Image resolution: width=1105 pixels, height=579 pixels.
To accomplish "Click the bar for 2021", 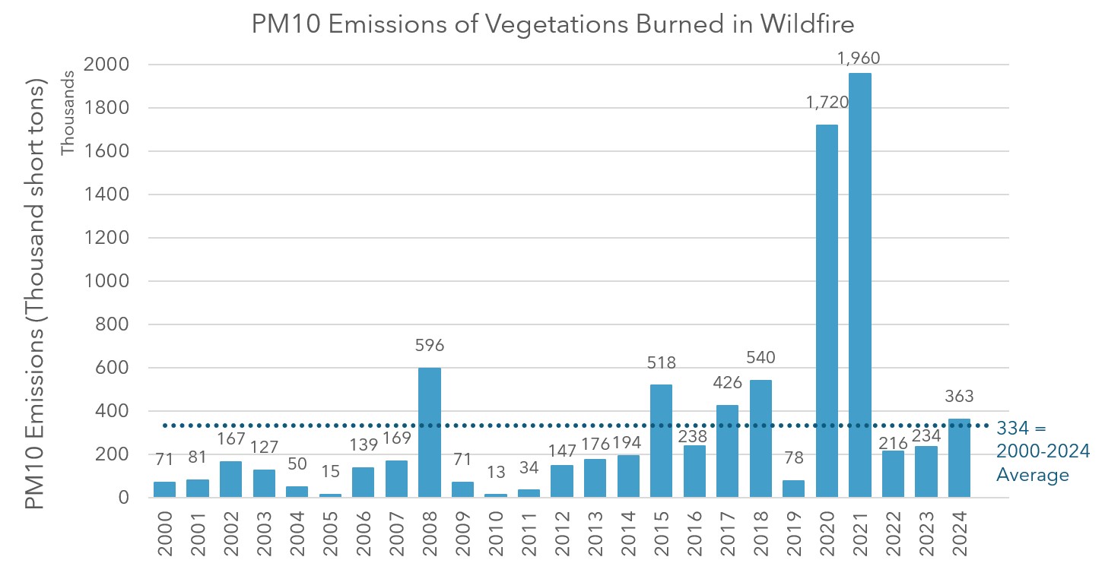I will pos(860,285).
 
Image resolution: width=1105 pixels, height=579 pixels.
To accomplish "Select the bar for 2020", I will pos(827,312).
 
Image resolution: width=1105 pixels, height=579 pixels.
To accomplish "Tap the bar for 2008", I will pos(430,432).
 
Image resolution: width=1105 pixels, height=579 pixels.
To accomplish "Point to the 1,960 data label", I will pos(860,58).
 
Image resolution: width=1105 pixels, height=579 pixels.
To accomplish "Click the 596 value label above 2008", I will pos(430,346).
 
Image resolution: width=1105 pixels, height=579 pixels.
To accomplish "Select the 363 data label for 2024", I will pos(959,396).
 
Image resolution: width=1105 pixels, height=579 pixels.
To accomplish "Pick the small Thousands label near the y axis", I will pos(68,112).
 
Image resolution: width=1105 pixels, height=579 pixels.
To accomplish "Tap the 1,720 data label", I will pos(827,102).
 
